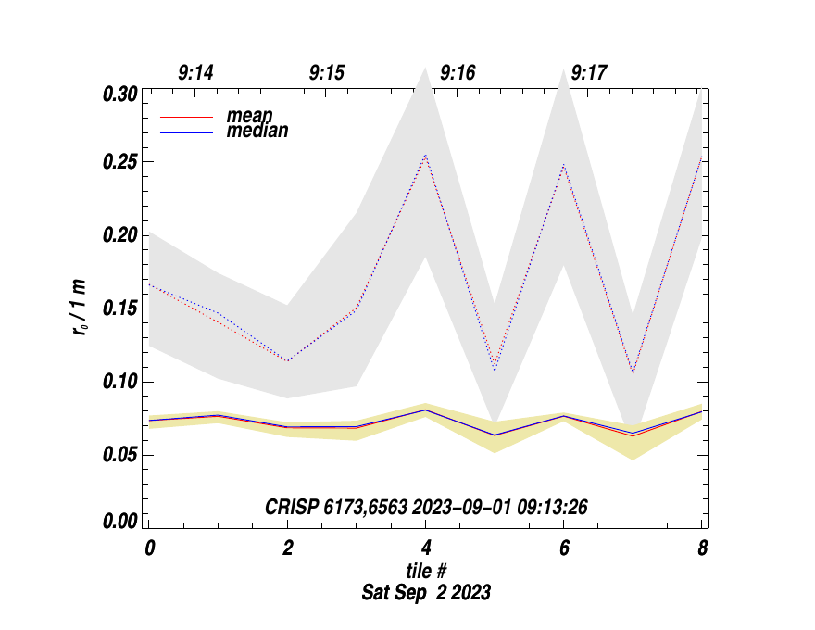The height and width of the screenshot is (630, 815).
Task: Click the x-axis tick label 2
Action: [x=287, y=548]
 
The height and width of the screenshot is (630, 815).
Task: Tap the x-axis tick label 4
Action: [x=425, y=548]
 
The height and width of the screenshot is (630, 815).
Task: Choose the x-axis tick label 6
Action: [x=564, y=548]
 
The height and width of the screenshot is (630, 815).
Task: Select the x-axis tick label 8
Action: [x=702, y=548]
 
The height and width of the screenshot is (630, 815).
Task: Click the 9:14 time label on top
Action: [x=195, y=73]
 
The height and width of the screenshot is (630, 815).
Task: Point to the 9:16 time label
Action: [x=458, y=73]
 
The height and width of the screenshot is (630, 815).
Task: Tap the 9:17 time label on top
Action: [x=589, y=73]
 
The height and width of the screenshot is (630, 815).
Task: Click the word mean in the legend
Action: [x=249, y=117]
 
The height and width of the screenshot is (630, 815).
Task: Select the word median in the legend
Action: [x=257, y=132]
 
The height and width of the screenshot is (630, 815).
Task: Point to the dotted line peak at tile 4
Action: [x=425, y=155]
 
